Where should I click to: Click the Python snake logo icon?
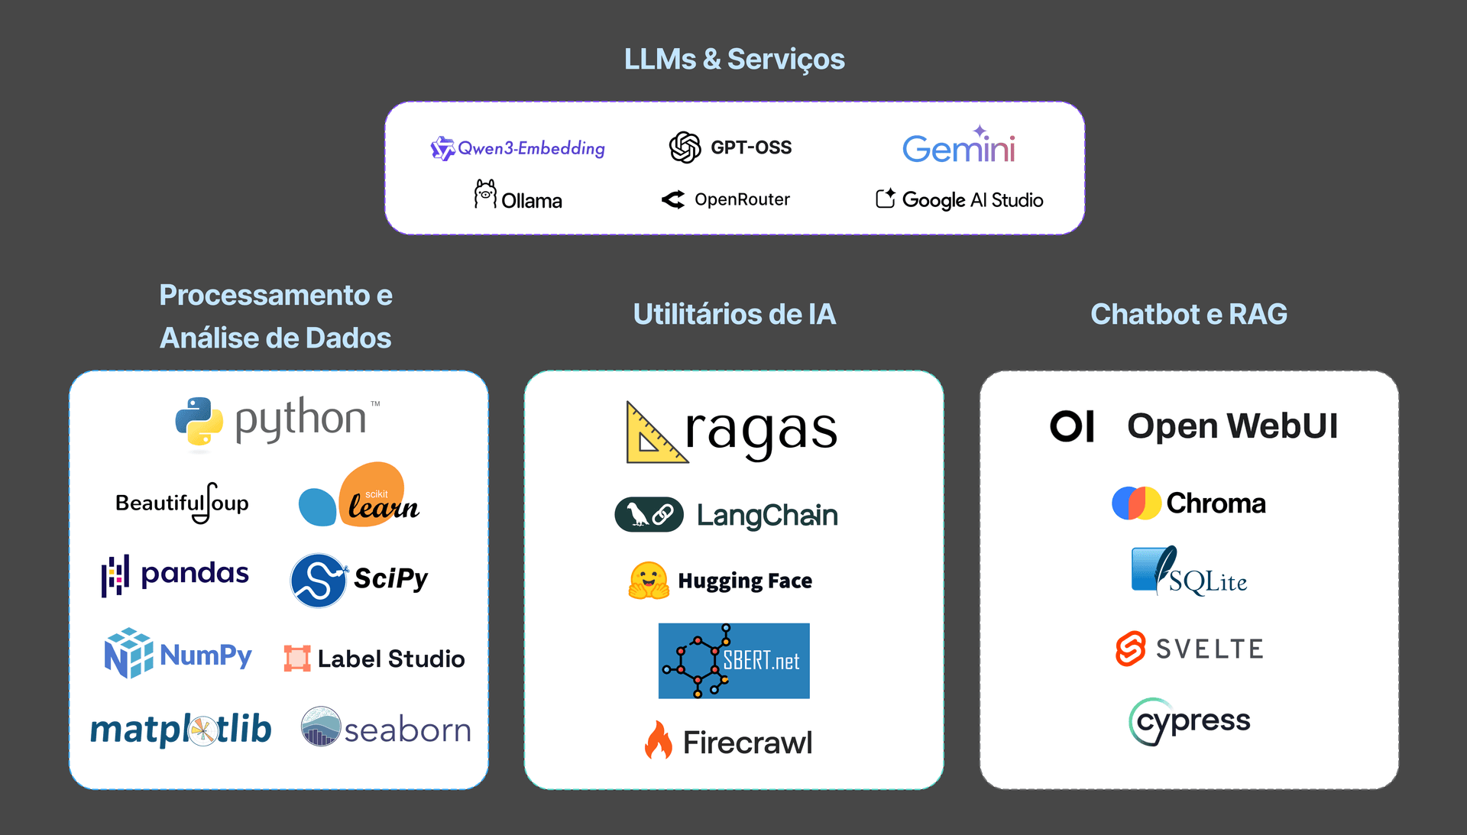click(199, 421)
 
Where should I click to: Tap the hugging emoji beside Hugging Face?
click(649, 581)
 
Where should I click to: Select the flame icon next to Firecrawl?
click(658, 740)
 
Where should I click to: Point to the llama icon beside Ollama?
click(484, 195)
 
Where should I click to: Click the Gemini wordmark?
click(958, 147)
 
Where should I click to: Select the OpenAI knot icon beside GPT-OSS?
click(685, 147)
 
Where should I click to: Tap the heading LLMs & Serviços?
click(733, 59)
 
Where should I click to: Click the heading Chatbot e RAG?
click(1188, 314)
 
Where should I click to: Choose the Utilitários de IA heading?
click(733, 314)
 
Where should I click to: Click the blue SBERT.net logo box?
click(733, 661)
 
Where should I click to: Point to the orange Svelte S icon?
click(1130, 649)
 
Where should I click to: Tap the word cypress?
click(1193, 720)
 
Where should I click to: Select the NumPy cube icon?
click(128, 653)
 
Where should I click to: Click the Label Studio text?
click(390, 659)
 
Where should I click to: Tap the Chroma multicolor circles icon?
click(1135, 503)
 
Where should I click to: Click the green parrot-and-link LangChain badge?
click(649, 515)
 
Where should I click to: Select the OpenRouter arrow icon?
click(673, 200)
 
